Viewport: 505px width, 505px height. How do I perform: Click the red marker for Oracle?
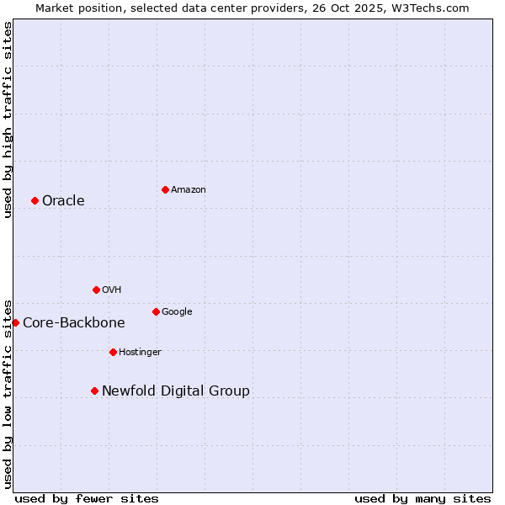pos(35,200)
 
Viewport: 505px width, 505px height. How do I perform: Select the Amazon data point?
pos(165,189)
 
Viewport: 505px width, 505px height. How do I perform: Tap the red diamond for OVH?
pos(96,290)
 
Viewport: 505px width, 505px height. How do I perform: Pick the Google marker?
pos(156,311)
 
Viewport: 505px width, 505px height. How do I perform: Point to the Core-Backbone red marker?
pos(15,322)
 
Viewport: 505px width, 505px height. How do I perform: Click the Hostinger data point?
pos(113,352)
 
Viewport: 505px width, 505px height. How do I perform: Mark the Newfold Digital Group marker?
pos(94,391)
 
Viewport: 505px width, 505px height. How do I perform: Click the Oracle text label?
pos(63,200)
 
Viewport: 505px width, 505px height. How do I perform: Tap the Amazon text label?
pos(189,189)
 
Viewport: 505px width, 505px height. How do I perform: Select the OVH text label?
pos(112,290)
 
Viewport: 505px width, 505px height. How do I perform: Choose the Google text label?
pos(177,311)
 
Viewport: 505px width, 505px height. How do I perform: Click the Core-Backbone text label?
pos(74,322)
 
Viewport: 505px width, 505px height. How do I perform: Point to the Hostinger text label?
pos(140,352)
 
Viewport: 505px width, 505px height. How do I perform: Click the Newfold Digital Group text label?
pos(176,391)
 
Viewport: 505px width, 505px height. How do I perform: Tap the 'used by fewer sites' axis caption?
pos(87,498)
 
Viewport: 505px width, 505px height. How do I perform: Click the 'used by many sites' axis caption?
pos(423,498)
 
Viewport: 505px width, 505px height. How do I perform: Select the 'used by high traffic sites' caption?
pos(8,120)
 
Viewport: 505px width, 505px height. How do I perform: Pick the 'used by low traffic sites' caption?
pos(8,393)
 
